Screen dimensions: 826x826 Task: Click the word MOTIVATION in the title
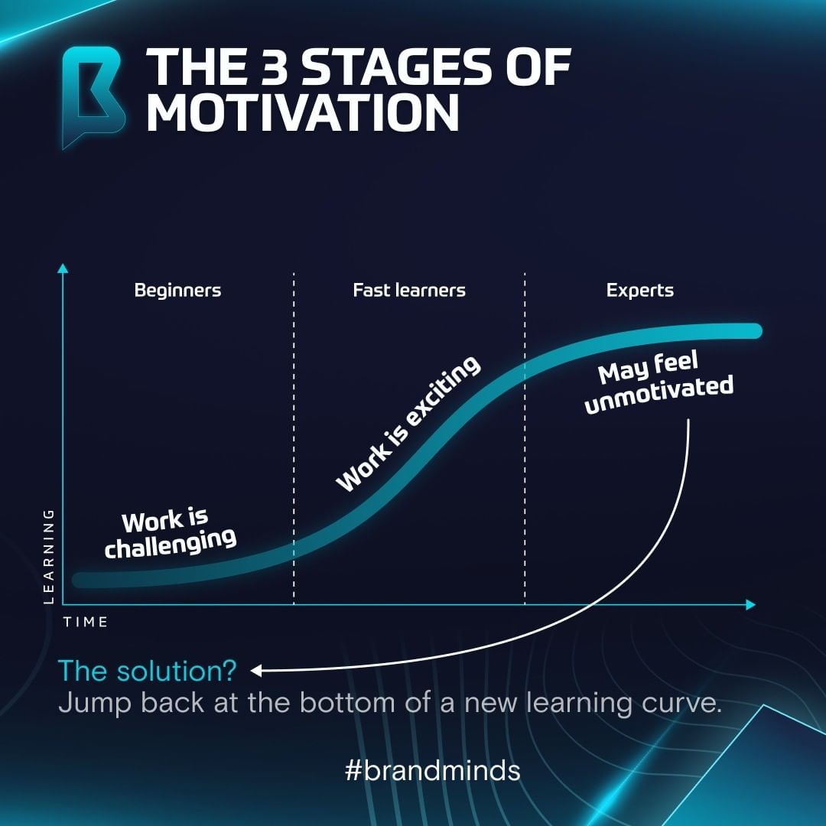pos(302,112)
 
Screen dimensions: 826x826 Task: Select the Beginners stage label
pos(177,291)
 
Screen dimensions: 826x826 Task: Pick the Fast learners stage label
pos(409,291)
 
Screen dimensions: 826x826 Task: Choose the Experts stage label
pos(640,291)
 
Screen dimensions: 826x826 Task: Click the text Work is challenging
pos(170,534)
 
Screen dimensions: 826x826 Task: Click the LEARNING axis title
pos(49,556)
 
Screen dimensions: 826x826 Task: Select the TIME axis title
pos(86,622)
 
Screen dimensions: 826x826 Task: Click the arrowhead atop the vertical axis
pos(63,268)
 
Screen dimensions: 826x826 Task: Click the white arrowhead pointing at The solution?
pos(257,671)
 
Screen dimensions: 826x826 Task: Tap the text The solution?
pos(148,671)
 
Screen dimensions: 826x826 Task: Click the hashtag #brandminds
pos(432,770)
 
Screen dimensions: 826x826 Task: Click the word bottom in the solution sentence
pos(351,704)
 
